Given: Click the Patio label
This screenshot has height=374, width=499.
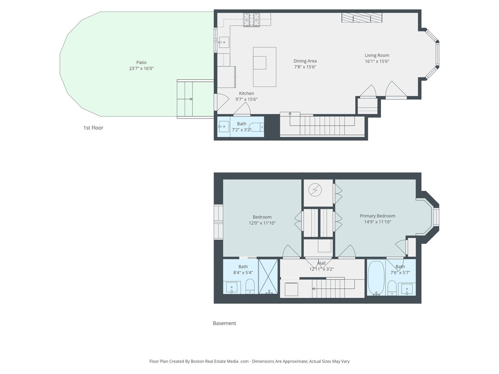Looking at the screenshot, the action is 141,62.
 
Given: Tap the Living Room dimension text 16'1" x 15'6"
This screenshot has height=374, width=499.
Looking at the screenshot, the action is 377,61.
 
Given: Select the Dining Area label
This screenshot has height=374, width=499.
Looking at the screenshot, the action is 305,61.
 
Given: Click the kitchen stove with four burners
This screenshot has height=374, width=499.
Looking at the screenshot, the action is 251,20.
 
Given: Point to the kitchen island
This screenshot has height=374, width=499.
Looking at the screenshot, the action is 265,67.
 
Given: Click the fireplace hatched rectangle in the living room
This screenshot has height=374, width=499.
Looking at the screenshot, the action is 362,18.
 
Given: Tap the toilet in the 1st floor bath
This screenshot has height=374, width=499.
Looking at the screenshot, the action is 257,127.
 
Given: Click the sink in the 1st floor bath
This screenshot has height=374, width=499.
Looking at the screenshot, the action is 223,127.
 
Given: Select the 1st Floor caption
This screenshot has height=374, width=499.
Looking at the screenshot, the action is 93,128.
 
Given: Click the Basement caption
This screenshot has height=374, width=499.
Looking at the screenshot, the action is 225,323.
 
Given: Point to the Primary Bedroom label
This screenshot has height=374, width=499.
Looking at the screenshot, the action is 377,216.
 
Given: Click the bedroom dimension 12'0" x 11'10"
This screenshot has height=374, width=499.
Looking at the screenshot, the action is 262,223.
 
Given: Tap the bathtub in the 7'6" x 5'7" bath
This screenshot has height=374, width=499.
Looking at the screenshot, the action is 376,278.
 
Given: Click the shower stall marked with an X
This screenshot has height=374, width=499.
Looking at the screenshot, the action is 268,277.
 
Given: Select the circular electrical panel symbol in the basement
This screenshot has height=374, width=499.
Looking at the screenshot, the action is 315,190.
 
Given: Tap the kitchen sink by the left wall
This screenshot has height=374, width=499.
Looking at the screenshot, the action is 224,42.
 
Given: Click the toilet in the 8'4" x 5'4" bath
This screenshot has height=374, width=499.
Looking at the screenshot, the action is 250,286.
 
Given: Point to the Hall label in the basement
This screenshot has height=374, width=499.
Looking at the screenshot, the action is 322,263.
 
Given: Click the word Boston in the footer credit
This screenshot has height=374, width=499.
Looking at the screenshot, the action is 197,361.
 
